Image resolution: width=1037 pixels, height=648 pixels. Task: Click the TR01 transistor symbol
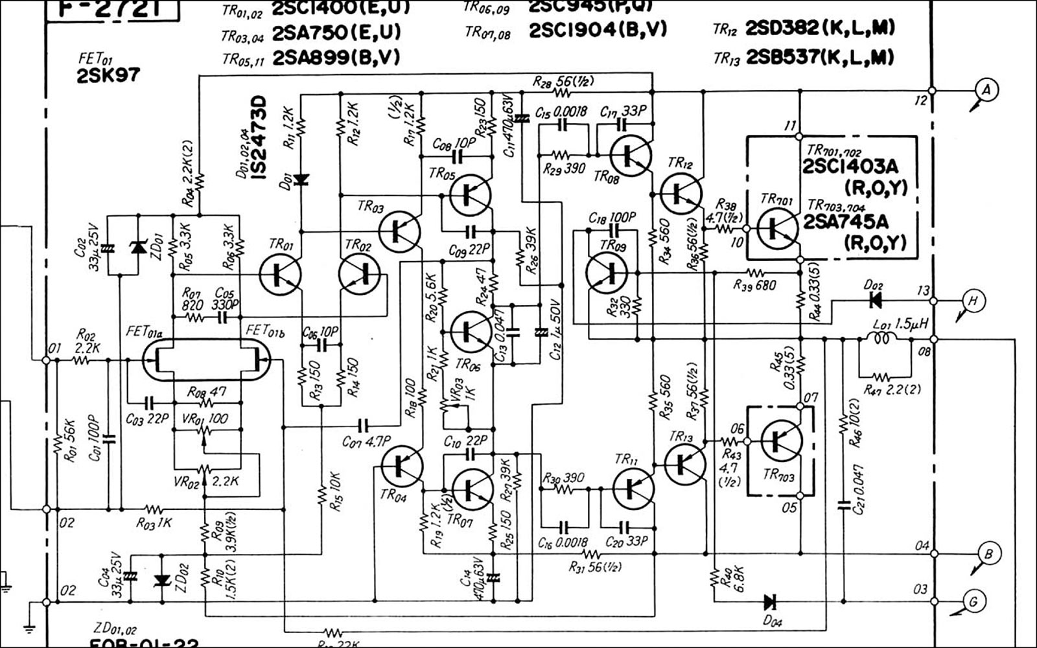pos(279,274)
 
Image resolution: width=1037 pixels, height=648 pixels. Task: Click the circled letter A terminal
pos(986,90)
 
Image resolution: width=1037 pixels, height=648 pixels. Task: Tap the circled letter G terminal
pos(973,602)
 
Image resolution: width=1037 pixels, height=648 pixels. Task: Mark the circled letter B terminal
pos(988,554)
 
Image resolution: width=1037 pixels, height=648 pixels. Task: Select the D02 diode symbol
pos(876,301)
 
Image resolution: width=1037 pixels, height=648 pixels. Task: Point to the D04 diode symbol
pos(771,601)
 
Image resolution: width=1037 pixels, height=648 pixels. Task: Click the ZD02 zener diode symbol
pos(163,580)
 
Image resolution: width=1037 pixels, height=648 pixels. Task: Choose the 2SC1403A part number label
pos(850,167)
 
